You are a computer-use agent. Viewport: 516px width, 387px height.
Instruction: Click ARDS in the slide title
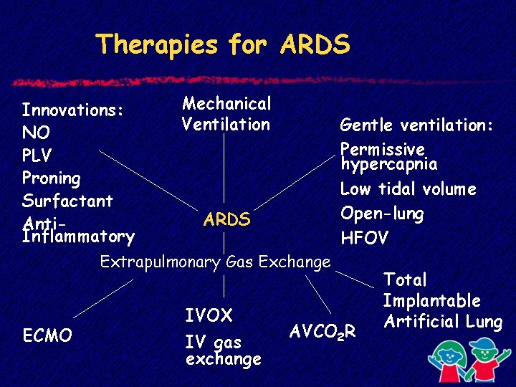coord(315,44)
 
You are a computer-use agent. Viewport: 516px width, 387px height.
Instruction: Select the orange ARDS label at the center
coord(226,219)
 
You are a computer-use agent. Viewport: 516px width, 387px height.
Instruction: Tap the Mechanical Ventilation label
coord(226,114)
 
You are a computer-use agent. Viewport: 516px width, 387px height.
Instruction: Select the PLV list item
coord(37,156)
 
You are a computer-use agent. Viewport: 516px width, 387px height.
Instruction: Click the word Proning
coord(52,178)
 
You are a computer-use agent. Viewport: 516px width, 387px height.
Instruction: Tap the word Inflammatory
coord(78,236)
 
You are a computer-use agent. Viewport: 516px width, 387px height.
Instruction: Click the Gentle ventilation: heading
coord(416,125)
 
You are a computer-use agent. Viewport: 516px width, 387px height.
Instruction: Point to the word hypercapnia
coord(389,164)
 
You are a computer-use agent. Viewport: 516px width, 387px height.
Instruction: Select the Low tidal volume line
coord(408,189)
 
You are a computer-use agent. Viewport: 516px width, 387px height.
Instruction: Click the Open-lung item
coord(382,214)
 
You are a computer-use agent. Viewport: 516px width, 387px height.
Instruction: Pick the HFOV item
coord(364,238)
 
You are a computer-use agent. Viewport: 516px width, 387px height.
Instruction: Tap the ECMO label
coord(47,335)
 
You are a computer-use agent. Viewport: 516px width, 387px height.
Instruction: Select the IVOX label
coord(209,315)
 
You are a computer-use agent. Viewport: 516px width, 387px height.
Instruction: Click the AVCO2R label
coord(322,332)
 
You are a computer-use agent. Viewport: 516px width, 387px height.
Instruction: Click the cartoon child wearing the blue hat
coord(484,360)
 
